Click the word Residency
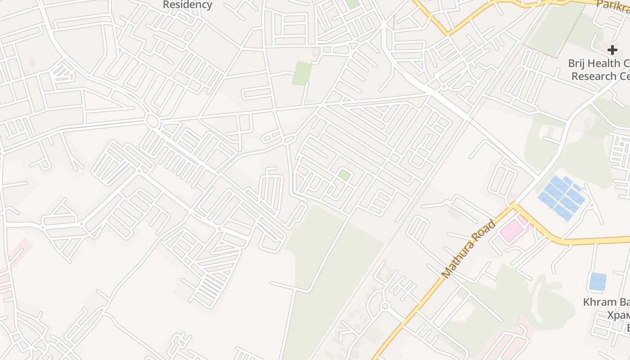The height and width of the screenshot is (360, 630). coord(187,5)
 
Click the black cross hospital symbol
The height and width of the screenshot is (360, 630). coord(612,50)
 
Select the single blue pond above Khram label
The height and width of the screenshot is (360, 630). coord(598,281)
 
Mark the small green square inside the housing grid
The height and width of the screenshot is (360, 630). coord(344,175)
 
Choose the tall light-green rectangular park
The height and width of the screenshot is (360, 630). coord(302,73)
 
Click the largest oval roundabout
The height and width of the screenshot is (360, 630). coord(152,121)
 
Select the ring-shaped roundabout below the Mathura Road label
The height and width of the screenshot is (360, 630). coord(384,306)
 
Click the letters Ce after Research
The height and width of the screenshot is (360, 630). coord(624,76)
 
